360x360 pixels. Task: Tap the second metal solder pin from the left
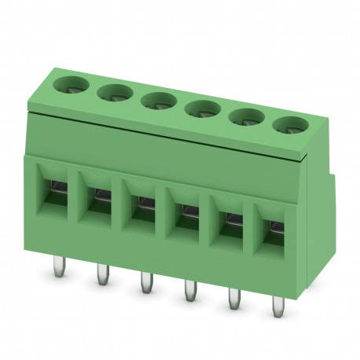pos(102,277)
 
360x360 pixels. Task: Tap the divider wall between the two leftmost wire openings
pos(78,197)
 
